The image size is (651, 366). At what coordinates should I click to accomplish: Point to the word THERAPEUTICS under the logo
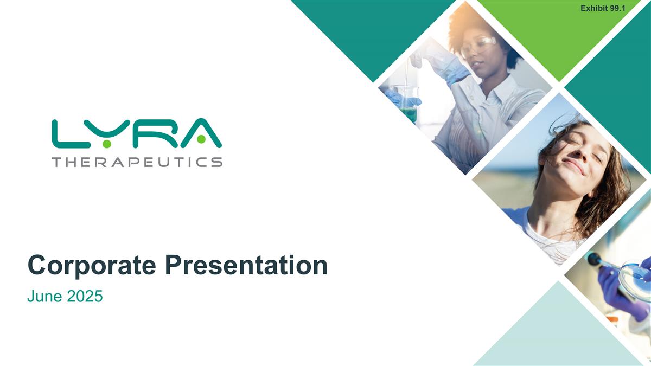tap(137, 162)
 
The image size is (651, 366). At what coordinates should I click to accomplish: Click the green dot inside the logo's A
tap(201, 140)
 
